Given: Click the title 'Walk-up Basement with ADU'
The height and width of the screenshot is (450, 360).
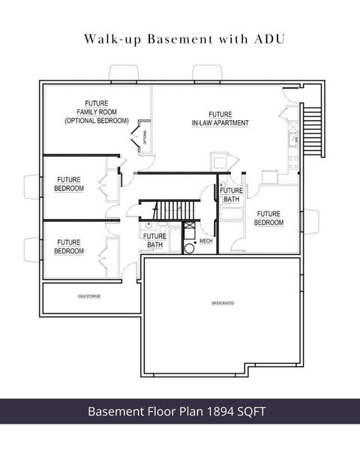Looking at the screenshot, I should coord(180,37).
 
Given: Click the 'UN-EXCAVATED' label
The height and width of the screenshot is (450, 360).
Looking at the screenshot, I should coord(223,303).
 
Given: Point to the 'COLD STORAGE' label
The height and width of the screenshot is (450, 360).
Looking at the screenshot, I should coord(88,296).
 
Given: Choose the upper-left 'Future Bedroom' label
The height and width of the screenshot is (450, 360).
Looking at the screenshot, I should coord(69,184).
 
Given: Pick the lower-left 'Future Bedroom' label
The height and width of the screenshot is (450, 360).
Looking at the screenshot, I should coord(69,247).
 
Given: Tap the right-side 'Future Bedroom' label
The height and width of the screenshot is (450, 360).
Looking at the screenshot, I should coord(268,218).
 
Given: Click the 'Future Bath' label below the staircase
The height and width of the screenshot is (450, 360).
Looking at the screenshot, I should coord(154,241).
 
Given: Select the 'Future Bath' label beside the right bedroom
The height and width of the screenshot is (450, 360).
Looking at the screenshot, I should coord(230,195).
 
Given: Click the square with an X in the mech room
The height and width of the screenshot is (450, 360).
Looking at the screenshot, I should coord(189,226).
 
